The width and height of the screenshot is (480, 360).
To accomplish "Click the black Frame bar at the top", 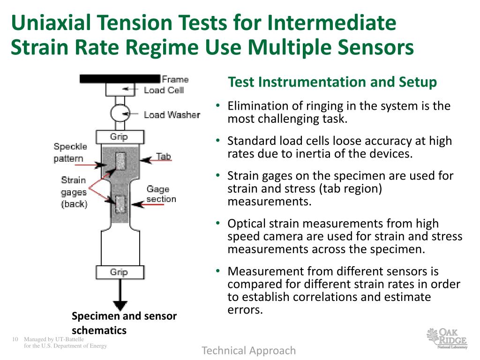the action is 120,79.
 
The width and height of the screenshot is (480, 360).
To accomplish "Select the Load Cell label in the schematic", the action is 164,90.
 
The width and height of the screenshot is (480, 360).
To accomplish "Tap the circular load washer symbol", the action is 120,113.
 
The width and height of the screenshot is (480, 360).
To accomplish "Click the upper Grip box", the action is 119,137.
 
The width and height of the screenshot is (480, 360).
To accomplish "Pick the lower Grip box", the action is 119,272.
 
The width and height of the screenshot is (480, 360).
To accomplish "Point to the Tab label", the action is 164,156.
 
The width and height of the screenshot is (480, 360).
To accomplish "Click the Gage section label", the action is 161,194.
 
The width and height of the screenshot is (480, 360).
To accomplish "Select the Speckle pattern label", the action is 70,153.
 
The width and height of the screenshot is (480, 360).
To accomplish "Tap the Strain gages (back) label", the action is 74,192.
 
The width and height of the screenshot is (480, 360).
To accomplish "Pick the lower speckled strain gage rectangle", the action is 120,204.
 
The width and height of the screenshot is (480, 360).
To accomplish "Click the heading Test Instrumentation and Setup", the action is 332,82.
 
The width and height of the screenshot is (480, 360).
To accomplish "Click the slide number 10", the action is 15,339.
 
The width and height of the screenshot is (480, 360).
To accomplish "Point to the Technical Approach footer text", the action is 249,351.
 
